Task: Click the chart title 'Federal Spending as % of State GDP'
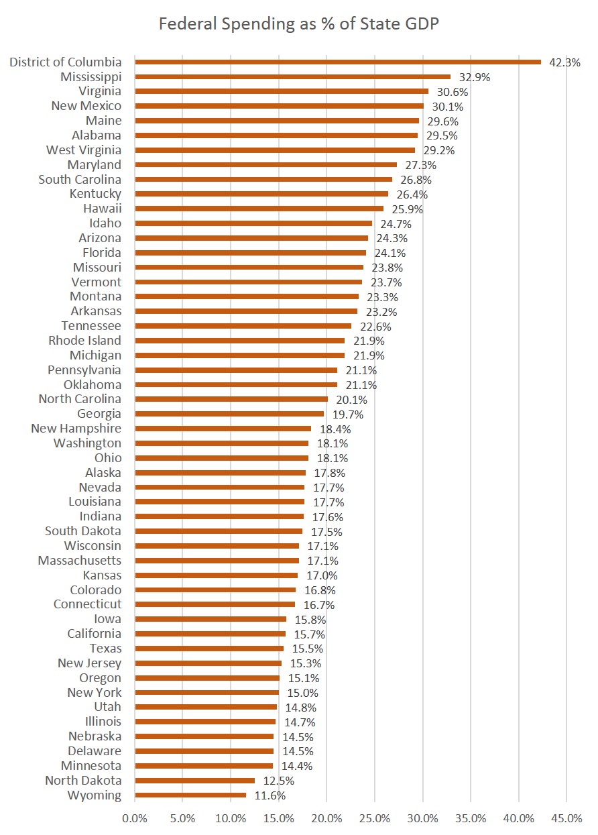click(299, 24)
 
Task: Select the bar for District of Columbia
click(338, 62)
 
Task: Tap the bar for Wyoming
click(190, 795)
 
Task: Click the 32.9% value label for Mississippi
click(475, 77)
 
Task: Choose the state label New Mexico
click(86, 106)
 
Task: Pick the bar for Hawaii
click(259, 209)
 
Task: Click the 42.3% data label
click(564, 62)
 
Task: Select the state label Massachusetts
click(80, 561)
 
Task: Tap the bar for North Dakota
click(194, 781)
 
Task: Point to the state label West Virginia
click(84, 150)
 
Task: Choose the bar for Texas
click(209, 649)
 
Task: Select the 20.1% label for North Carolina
click(351, 400)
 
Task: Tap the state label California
click(95, 634)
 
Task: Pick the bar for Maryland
click(265, 165)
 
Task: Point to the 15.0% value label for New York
click(302, 693)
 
